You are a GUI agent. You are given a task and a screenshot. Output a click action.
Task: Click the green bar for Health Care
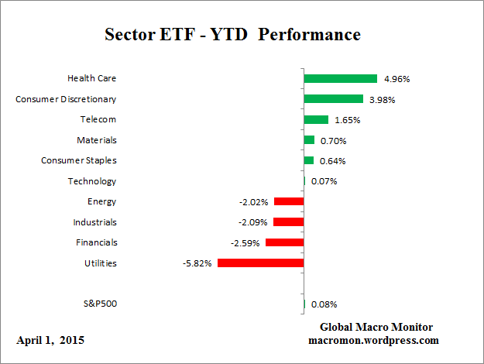pos(340,78)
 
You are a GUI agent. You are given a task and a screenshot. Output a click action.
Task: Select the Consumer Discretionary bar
pos(333,99)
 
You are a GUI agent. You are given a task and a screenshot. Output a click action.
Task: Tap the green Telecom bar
pos(316,119)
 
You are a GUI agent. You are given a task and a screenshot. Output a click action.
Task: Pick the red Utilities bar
pos(260,263)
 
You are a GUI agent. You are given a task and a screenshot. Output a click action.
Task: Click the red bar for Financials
pos(284,242)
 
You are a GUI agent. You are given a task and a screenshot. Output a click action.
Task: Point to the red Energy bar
pos(288,201)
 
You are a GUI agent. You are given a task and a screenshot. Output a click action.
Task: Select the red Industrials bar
pos(288,222)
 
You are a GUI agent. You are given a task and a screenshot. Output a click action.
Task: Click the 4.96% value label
pos(396,79)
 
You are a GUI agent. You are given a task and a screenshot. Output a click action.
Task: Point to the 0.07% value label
pos(324,182)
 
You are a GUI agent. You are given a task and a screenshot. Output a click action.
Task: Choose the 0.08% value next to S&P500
pos(324,304)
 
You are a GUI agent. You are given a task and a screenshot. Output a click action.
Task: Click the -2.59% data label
pos(245,243)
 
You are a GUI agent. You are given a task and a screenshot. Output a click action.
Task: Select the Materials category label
pos(97,140)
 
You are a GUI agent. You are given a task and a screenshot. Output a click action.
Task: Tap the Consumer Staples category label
pos(79,160)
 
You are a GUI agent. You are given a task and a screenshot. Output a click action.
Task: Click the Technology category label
pos(92,181)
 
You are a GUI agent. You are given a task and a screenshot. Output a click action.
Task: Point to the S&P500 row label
pos(99,304)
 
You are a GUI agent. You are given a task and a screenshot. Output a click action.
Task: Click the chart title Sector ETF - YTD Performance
pos(232,36)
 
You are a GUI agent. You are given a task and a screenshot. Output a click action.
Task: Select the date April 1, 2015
pos(50,340)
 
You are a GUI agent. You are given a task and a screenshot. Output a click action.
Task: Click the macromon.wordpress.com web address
pos(374,340)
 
